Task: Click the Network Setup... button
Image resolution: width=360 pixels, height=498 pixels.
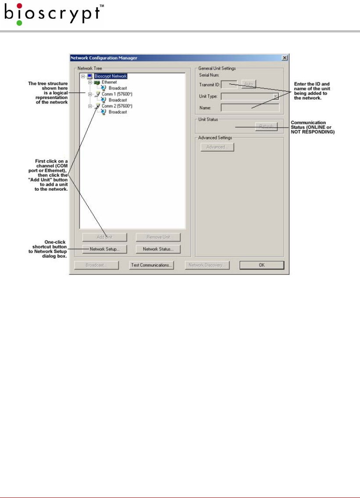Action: pos(104,249)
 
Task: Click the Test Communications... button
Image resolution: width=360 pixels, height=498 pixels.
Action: pos(151,265)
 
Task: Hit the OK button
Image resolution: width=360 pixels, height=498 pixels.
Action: pos(261,265)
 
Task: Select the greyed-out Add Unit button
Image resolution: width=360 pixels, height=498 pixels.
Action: pos(104,237)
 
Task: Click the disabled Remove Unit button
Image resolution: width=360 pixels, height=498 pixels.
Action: pos(158,237)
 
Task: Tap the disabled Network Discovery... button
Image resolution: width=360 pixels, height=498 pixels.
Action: pos(207,265)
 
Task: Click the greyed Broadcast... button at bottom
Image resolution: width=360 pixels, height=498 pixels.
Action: pos(96,265)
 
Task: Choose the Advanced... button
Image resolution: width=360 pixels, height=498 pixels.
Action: pos(217,147)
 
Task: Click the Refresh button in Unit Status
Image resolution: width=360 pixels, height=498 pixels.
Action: pos(266,126)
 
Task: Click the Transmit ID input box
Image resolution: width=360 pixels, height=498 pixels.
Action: pos(229,84)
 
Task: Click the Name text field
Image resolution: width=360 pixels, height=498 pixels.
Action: pos(250,107)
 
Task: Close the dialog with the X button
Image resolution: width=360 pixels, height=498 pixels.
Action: pos(284,57)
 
